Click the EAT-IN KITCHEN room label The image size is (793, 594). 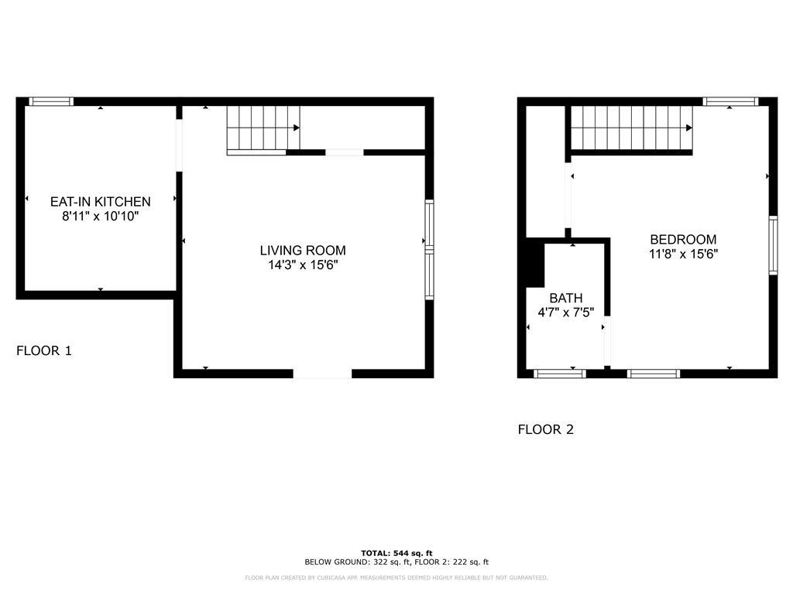100,202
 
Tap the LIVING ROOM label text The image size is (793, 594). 302,251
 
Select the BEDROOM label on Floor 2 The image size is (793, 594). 683,240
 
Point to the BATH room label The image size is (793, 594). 565,299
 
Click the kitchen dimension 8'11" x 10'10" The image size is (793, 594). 100,217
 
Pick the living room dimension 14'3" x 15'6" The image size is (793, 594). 302,265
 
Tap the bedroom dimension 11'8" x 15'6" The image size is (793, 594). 683,254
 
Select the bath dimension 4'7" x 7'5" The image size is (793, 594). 565,313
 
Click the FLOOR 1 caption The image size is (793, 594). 44,351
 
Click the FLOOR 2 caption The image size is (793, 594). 545,430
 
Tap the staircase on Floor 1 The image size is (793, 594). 263,130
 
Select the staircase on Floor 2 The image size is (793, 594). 631,129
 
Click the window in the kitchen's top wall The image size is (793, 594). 51,101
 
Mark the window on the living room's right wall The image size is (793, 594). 429,249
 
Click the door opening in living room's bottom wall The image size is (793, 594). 322,374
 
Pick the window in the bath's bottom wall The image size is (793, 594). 559,374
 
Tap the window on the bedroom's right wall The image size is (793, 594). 772,245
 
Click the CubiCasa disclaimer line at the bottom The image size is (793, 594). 396,578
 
